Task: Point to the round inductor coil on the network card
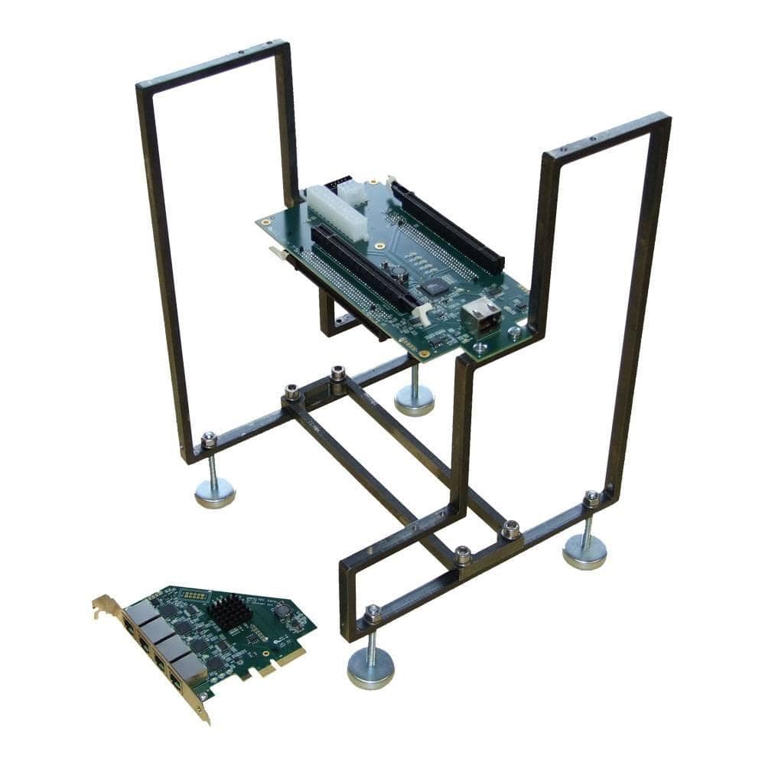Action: [x=282, y=610]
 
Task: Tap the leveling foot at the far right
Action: [x=584, y=551]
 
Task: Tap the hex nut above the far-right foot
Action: [x=591, y=499]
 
